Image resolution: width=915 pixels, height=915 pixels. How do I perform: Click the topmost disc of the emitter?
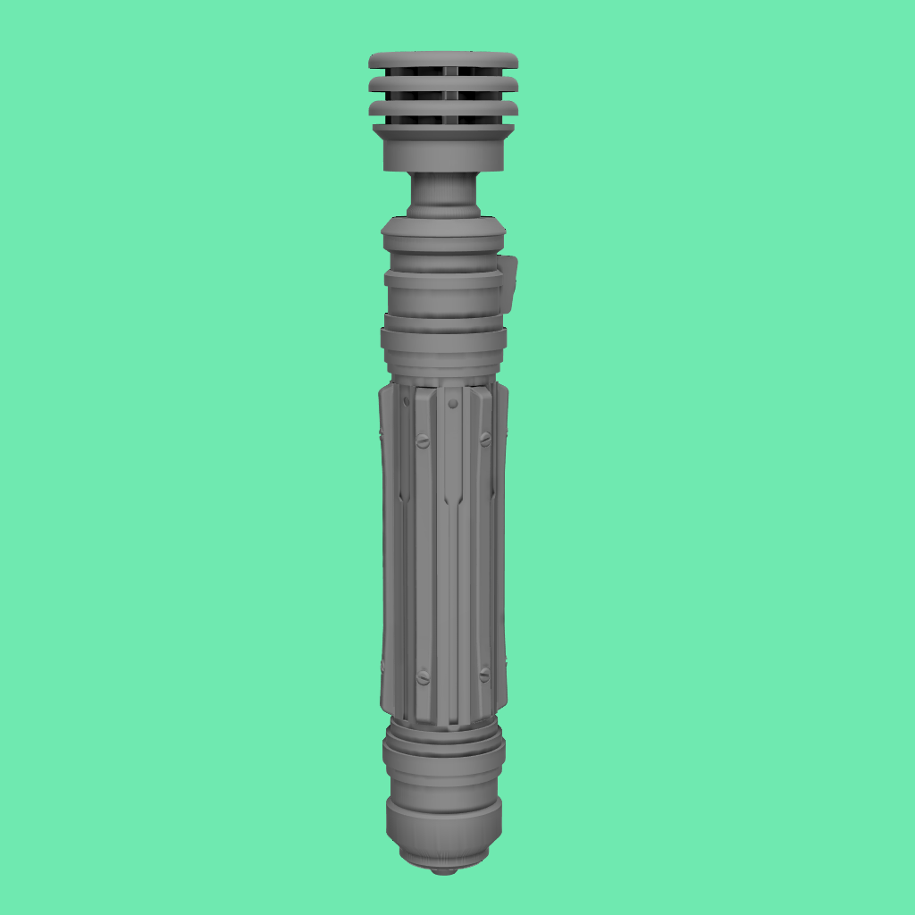[443, 60]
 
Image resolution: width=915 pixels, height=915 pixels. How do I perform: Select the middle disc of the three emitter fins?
[443, 84]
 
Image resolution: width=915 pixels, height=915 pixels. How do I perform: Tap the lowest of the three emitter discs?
[443, 107]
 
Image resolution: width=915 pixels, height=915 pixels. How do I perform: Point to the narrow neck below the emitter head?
[443, 192]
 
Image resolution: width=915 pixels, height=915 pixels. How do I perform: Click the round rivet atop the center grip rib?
[453, 404]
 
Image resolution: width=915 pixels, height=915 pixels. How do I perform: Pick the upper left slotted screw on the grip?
[424, 441]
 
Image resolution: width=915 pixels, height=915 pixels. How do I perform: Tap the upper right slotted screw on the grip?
[485, 439]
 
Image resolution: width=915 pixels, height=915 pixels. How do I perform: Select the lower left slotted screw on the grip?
[424, 677]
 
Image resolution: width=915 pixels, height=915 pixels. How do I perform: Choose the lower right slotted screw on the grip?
[484, 675]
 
